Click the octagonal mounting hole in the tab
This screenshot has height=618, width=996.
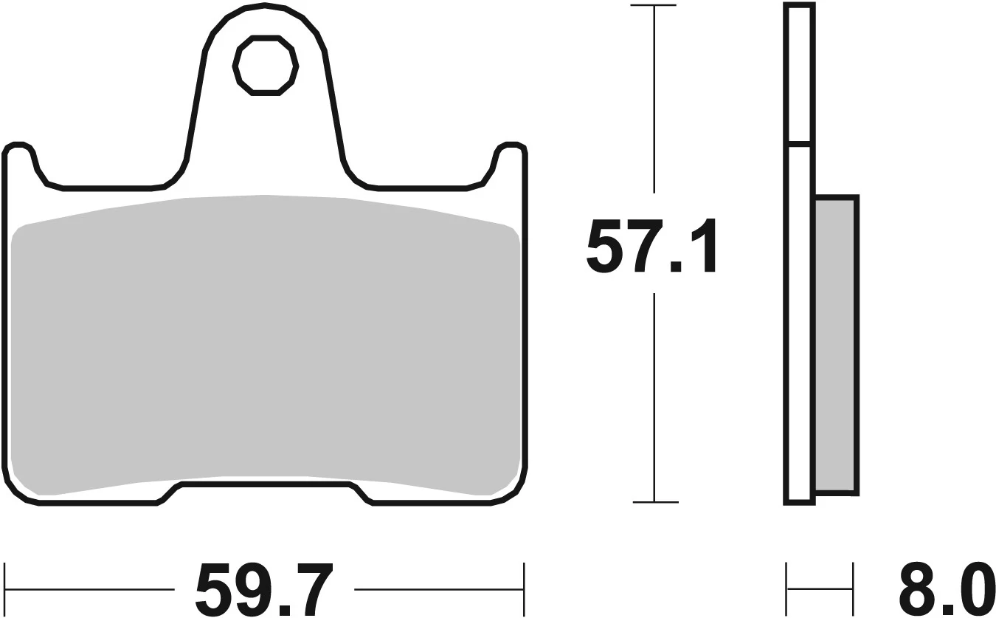click(266, 65)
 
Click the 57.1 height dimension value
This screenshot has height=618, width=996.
click(651, 246)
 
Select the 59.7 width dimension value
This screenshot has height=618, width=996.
click(265, 589)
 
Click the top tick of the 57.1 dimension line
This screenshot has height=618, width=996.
click(653, 6)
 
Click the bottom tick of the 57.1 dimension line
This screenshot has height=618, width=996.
click(654, 502)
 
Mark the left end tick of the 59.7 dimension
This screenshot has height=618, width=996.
click(5, 589)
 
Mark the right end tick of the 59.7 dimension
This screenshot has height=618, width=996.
click(524, 589)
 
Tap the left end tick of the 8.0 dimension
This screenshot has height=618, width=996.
click(787, 589)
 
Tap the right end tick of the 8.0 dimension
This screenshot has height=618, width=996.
click(853, 589)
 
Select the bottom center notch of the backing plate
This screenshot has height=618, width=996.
click(265, 486)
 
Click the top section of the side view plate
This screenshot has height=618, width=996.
click(800, 74)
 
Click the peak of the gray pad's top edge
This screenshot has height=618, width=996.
click(264, 196)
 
